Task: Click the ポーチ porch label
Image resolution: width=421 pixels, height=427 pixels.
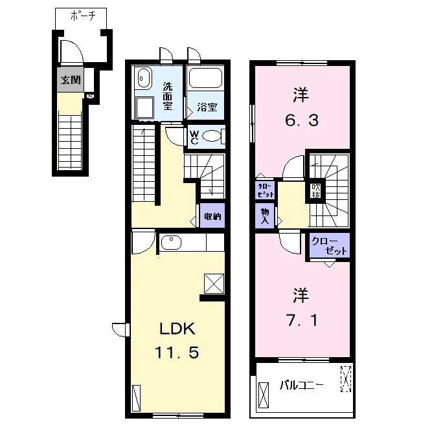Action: coord(83,16)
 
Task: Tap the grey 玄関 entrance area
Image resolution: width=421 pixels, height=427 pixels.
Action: coord(71,80)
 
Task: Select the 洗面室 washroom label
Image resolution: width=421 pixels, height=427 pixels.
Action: coord(168,96)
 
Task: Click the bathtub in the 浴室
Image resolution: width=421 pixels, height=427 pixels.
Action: coord(205,78)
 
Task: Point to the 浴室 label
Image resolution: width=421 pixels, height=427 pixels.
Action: coord(207,107)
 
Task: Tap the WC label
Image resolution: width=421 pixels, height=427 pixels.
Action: coord(194,137)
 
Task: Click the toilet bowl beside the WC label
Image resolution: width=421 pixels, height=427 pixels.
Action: coord(212,136)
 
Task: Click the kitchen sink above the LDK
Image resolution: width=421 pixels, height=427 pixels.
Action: coord(171,242)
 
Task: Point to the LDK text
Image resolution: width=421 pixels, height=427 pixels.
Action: coord(177,329)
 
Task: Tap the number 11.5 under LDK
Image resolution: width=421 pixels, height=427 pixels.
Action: coord(177,353)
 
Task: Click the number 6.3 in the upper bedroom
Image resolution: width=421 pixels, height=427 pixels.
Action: coord(302,120)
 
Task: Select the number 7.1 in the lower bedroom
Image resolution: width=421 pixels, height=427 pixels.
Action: coord(302,320)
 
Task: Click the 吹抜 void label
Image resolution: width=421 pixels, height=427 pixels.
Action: coord(316,191)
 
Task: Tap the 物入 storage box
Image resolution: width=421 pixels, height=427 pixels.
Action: coord(264,215)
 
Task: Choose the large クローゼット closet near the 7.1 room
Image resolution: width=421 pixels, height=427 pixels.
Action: coord(330,245)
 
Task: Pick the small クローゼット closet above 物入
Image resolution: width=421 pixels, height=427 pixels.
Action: coord(265,190)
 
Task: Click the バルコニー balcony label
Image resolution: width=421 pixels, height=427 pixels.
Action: coord(301,386)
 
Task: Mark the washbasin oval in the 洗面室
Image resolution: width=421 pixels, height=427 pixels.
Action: coord(143,79)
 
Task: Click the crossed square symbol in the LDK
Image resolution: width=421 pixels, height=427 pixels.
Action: coord(214,284)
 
